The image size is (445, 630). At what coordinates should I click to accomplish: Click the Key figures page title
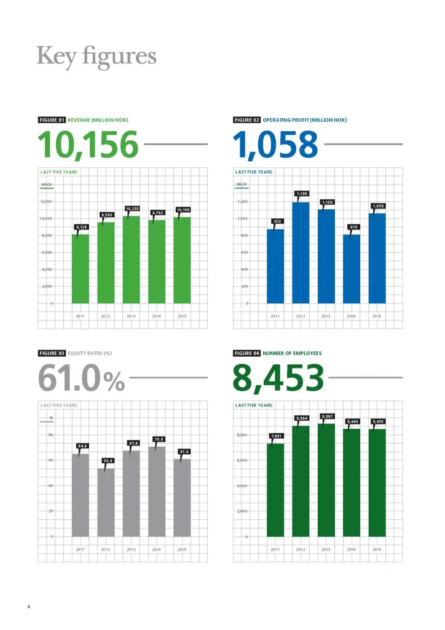(x=96, y=56)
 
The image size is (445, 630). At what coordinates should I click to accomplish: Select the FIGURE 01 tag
(x=52, y=120)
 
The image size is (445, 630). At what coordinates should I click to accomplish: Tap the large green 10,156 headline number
(x=88, y=145)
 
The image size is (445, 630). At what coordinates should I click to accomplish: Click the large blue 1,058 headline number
(x=276, y=145)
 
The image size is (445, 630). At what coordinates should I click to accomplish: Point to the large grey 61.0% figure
(x=82, y=378)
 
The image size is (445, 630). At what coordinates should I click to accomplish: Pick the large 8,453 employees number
(x=278, y=378)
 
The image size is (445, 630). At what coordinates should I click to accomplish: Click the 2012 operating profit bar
(x=301, y=252)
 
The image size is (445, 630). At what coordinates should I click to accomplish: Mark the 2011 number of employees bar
(x=275, y=489)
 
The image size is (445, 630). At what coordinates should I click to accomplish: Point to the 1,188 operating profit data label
(x=301, y=194)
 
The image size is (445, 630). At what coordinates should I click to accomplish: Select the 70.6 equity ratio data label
(x=158, y=439)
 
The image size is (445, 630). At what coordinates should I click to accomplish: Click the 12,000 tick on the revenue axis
(x=47, y=202)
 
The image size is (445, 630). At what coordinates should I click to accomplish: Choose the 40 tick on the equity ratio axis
(x=51, y=485)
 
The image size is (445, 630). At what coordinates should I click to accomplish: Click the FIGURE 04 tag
(x=247, y=353)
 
